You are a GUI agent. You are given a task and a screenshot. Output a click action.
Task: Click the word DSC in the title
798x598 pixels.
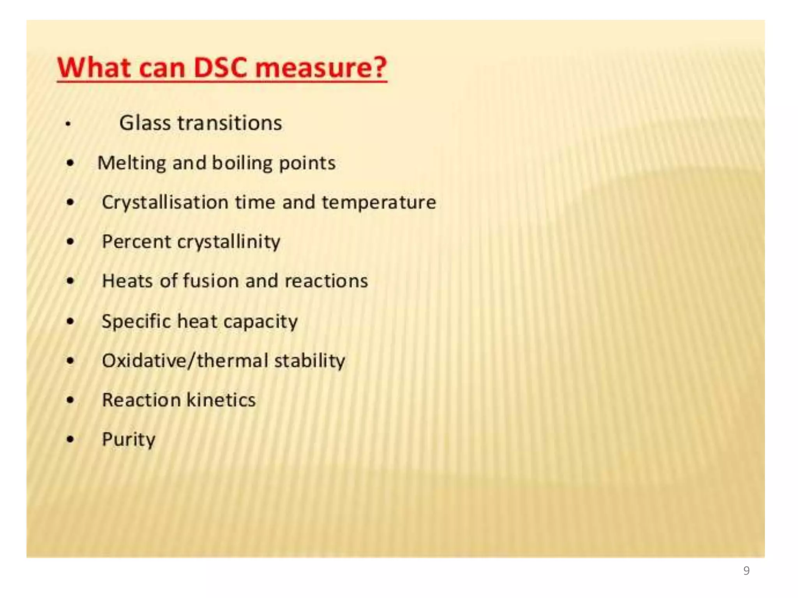(x=221, y=67)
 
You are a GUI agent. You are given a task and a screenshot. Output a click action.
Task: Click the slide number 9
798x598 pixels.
(x=746, y=570)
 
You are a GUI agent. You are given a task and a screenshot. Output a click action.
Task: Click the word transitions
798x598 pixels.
(x=230, y=123)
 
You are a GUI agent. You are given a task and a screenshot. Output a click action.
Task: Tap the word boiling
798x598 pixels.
(x=242, y=163)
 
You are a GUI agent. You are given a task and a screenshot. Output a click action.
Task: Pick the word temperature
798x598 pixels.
(x=379, y=202)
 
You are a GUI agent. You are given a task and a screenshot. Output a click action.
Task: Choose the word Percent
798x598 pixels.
(x=136, y=242)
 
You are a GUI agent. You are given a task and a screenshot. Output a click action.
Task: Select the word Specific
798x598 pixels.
(x=136, y=322)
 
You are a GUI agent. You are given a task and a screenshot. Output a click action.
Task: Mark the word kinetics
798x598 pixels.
(x=221, y=400)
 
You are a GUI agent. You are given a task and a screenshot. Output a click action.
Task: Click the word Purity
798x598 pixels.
(x=129, y=440)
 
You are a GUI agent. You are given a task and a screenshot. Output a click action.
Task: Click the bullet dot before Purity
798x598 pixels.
(x=70, y=440)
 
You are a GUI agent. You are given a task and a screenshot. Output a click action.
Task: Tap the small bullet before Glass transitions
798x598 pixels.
(x=68, y=124)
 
